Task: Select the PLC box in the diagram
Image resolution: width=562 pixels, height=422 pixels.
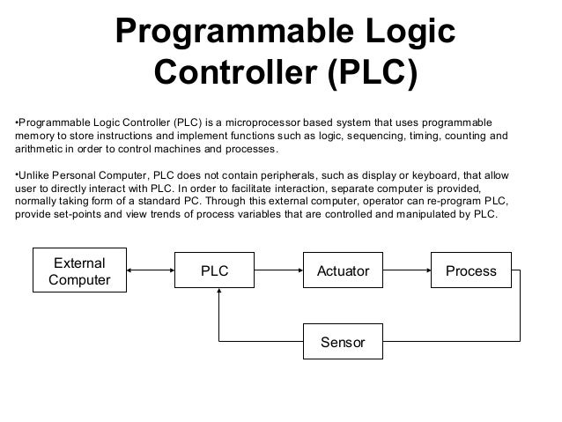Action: pos(214,272)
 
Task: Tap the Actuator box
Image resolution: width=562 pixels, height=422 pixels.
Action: pos(343,272)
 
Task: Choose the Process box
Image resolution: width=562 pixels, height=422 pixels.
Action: pos(470,272)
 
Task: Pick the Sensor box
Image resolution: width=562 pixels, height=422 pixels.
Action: pos(343,341)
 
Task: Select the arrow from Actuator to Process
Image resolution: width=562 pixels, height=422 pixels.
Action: pos(406,272)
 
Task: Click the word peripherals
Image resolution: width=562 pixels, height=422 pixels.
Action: pos(308,174)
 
